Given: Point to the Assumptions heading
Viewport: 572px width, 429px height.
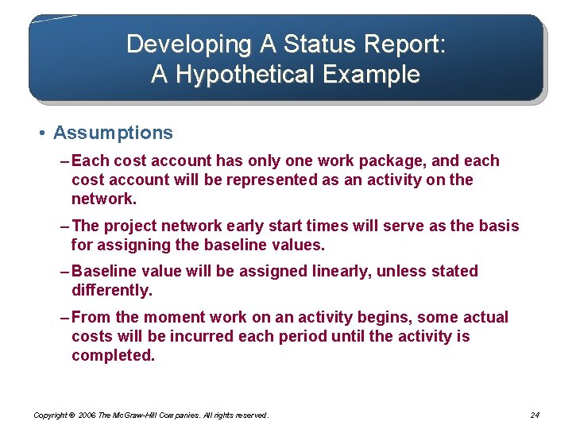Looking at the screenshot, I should (113, 133).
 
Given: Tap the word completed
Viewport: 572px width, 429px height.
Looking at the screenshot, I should (112, 356).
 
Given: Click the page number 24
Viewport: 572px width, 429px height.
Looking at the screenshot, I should (534, 415).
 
